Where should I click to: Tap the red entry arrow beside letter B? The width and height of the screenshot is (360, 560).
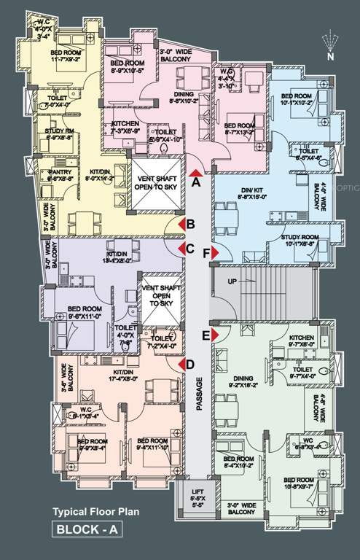coord(179,225)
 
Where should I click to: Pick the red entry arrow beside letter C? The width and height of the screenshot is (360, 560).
coord(179,249)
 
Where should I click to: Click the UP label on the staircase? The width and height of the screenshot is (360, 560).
coord(232,281)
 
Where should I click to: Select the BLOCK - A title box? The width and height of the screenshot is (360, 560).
coord(86,531)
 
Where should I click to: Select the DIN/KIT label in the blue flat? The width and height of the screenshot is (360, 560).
coord(236,192)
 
